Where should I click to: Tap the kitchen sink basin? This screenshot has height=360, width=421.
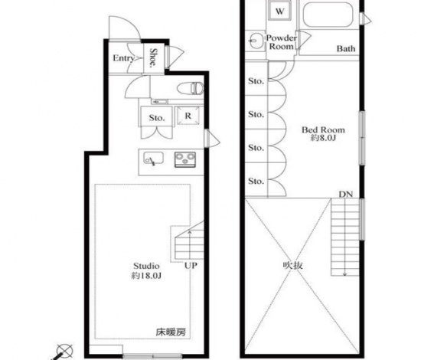pos(153,159)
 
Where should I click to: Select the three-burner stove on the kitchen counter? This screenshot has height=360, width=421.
pos(185,159)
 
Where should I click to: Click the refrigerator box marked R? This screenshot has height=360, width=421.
pos(188,116)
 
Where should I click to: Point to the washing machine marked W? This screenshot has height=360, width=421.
pos(279,11)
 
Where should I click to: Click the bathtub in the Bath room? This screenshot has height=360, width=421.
pos(328,15)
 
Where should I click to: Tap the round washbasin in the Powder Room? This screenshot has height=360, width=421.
pos(256,41)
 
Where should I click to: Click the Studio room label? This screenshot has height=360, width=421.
pos(146,266)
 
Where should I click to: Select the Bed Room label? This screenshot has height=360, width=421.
pos(323,130)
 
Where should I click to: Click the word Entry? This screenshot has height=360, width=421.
pos(123,58)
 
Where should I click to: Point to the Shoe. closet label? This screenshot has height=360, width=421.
pos(153,57)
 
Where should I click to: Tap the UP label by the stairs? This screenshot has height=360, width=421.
pos(191,266)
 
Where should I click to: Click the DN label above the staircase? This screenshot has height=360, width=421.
pos(345,194)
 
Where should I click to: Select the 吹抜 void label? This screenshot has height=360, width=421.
pos(293,266)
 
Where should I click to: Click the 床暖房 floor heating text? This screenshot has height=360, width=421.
pos(171,332)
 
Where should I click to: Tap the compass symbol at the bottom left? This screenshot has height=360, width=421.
pos(64,352)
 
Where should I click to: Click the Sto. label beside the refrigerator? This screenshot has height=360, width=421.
pos(157,118)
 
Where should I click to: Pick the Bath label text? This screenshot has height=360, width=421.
pos(346,48)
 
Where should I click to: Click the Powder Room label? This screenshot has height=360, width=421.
pos(282,42)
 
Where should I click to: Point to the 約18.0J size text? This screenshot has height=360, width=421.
pos(146,276)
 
